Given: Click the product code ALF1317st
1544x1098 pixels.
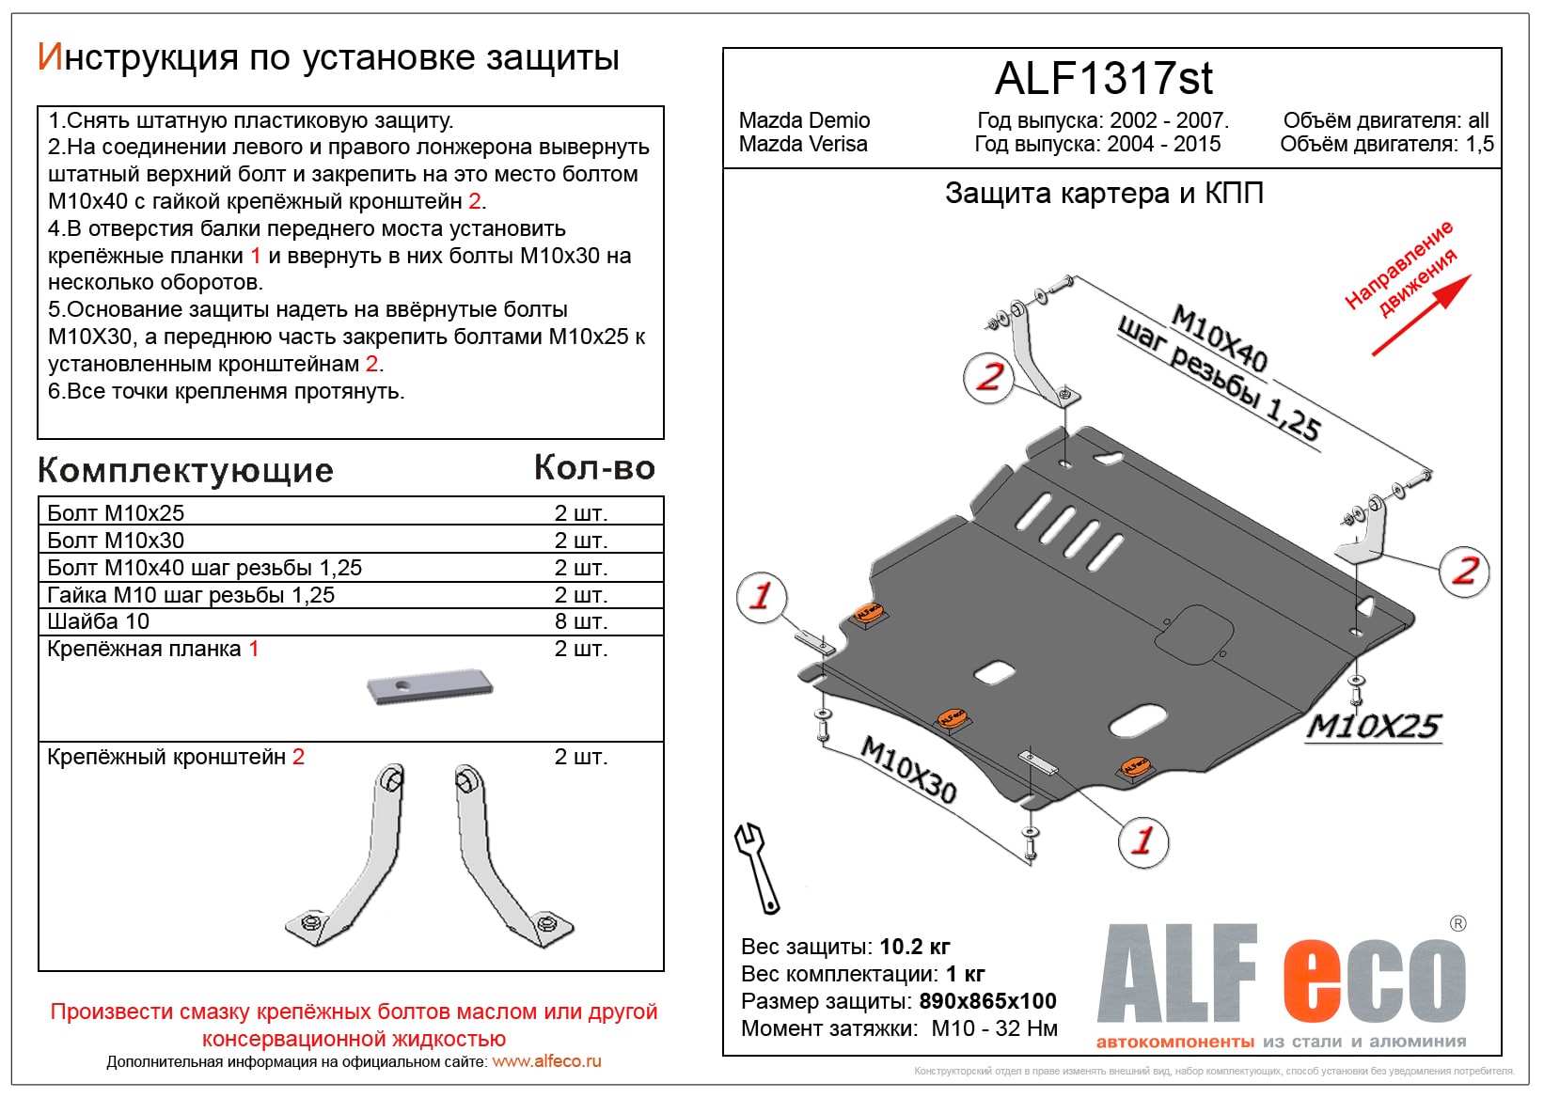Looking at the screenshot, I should [1103, 79].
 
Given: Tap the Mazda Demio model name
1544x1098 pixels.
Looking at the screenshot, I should [804, 120].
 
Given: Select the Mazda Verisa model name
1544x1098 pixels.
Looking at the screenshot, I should [803, 144].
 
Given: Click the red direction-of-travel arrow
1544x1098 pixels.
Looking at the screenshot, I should [1421, 315].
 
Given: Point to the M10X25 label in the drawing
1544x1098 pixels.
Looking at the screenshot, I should [1374, 727].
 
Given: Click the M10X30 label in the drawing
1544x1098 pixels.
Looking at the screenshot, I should [908, 770].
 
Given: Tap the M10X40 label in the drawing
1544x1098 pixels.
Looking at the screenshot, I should [1220, 339].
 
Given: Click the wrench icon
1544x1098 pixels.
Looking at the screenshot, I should [757, 867].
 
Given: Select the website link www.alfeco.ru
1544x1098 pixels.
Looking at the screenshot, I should [546, 1061].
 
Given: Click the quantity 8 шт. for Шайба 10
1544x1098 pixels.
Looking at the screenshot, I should [581, 621].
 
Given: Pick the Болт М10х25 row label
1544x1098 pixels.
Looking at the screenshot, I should [116, 513].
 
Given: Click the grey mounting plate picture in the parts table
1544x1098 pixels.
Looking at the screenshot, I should [430, 686].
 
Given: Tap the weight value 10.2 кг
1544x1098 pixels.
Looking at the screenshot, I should [914, 947].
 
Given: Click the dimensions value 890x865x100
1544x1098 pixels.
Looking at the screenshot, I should [987, 1001].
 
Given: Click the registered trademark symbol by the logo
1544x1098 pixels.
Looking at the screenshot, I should [1457, 924].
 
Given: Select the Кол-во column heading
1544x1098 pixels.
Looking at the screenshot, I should [594, 468].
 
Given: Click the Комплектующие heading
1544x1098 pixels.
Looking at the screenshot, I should [185, 470].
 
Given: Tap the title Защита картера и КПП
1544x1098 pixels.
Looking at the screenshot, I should [1104, 194].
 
